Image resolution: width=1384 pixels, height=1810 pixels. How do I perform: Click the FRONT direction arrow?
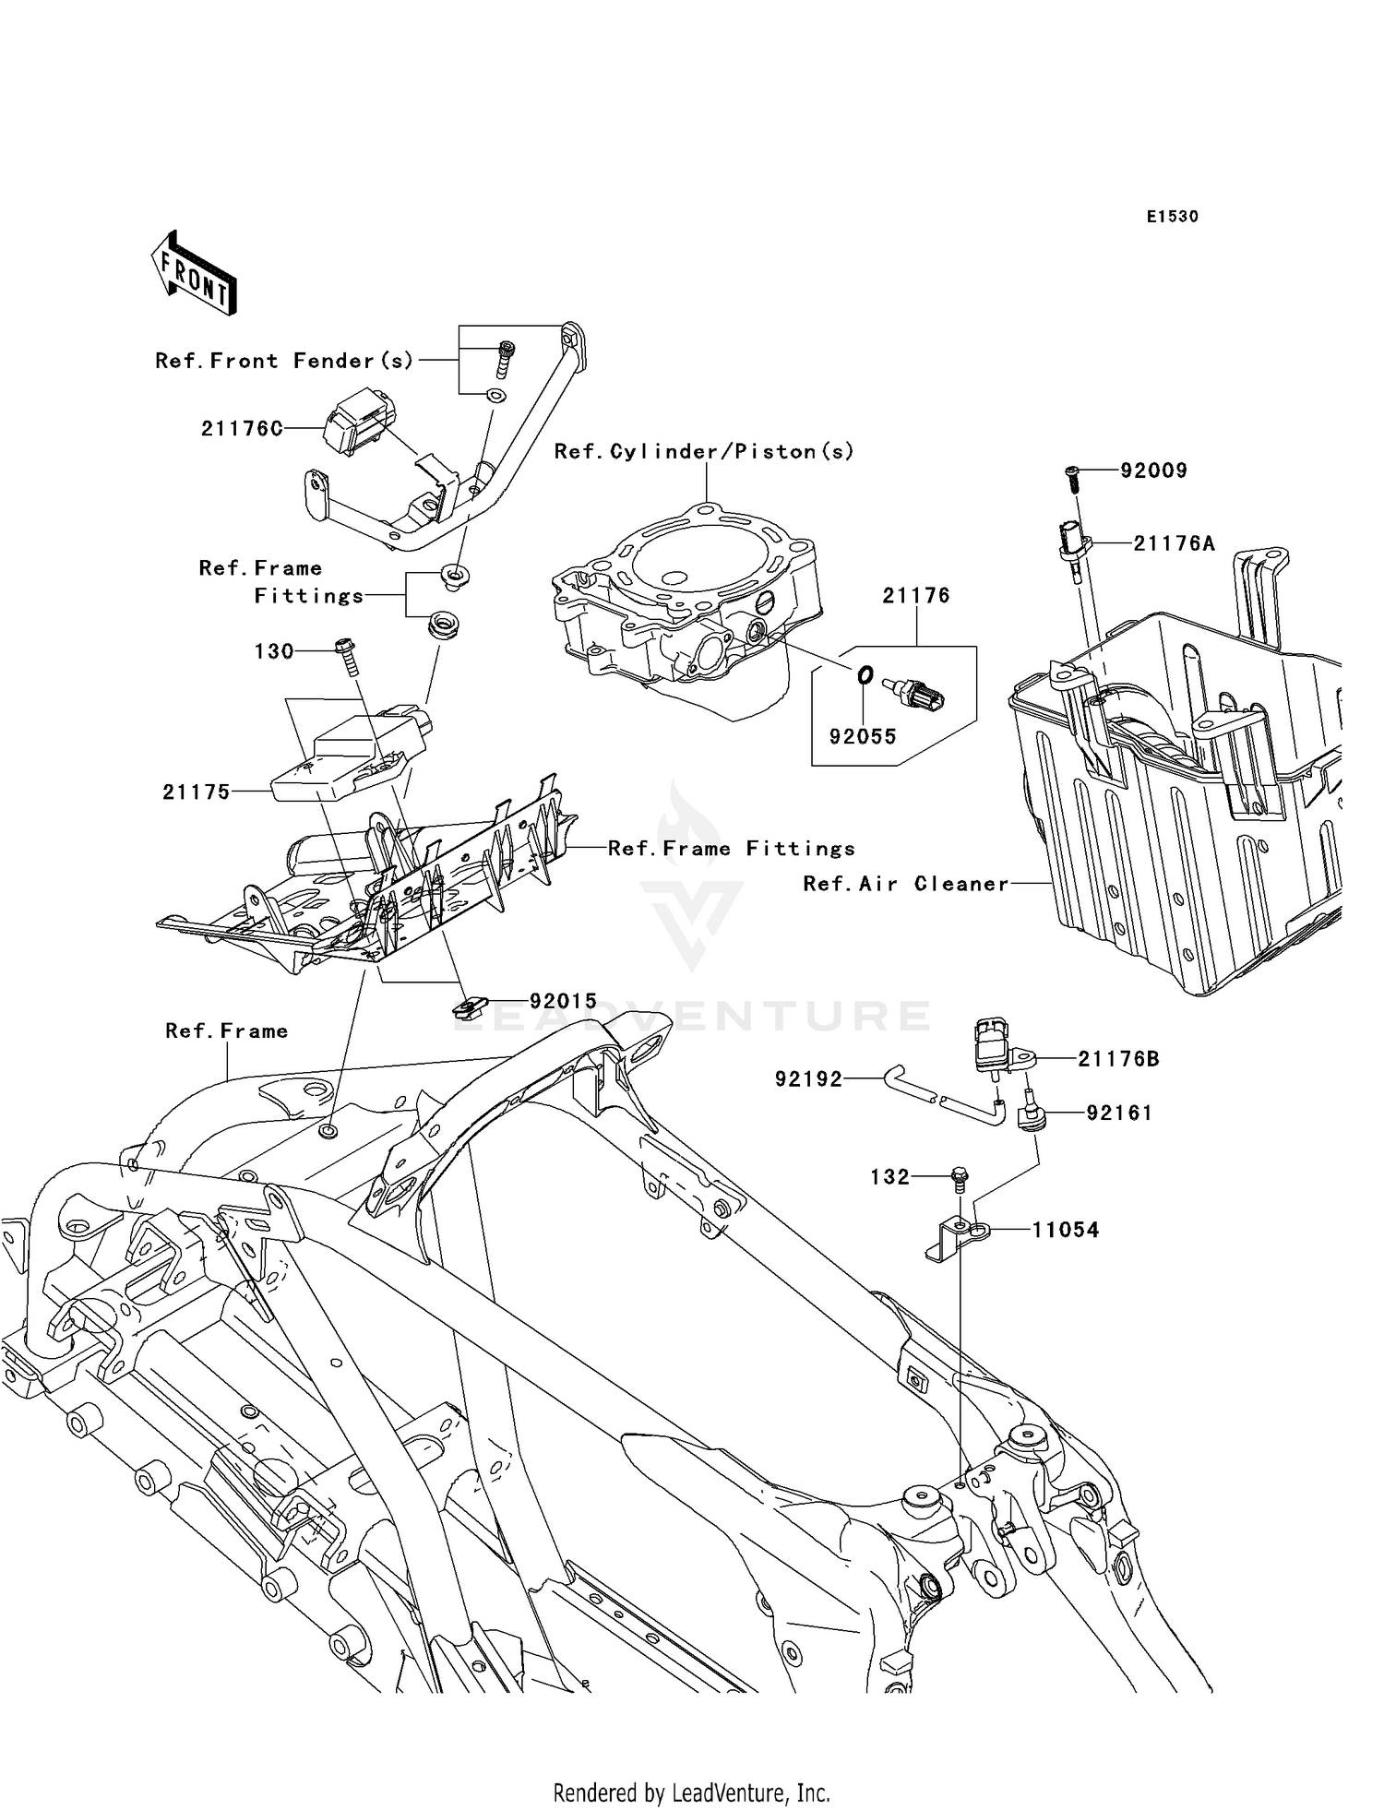pos(195,274)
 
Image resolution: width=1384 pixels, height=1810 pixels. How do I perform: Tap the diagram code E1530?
pos(1172,217)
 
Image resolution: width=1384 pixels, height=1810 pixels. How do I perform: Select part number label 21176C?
pos(242,428)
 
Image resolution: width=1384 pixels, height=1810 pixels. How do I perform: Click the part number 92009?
pos(1153,470)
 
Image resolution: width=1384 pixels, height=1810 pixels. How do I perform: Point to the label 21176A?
pos(1174,543)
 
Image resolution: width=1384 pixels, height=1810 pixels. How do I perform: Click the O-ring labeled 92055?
pos(865,676)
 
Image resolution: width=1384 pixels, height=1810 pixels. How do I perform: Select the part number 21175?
pos(196,792)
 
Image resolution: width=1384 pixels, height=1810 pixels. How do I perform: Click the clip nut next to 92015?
pos(470,1006)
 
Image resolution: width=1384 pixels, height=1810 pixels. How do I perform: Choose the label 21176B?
pos(1118,1059)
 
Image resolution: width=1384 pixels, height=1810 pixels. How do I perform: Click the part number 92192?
pos(808,1078)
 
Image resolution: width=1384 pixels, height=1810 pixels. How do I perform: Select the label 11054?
pos(1065,1230)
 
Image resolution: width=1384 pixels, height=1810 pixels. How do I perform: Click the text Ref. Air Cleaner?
pos(905,884)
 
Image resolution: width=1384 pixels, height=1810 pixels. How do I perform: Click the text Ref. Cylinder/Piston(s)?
pos(704,451)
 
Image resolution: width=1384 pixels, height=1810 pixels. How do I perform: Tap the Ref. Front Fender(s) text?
pos(284,361)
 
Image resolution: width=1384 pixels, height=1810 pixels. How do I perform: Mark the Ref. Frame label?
pos(226,1030)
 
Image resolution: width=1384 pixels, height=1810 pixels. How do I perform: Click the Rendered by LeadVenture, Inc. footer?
pos(691,1792)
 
